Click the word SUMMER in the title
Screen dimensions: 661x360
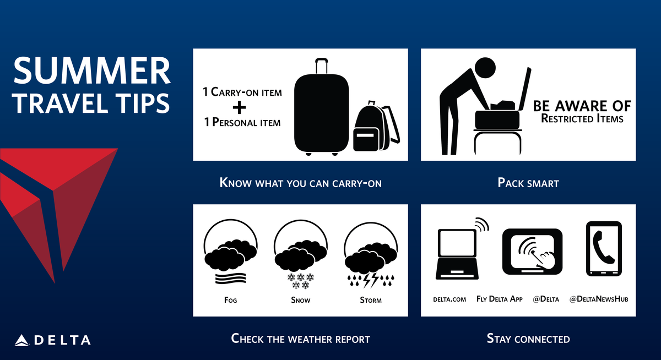pos(92,70)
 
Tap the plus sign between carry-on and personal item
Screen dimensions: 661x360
pos(239,107)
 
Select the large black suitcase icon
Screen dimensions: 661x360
pos(321,107)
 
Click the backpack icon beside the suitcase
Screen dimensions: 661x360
pos(377,126)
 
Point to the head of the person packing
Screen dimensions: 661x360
pos(485,68)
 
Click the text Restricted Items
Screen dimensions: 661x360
pos(582,118)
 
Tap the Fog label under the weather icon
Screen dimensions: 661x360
pos(230,300)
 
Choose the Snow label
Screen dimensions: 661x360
pos(300,300)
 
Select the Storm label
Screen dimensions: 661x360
pos(371,300)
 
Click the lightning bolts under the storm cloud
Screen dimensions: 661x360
pos(371,280)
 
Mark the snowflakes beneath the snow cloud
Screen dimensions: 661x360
pos(301,281)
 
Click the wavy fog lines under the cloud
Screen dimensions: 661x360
pos(230,279)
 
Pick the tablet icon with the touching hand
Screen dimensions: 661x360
pos(532,252)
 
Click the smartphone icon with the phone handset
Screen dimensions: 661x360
pos(604,249)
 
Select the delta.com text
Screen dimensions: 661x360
pos(449,299)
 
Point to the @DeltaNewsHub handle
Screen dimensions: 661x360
pos(599,299)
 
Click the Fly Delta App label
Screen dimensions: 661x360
pos(499,299)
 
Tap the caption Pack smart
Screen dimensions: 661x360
pos(528,183)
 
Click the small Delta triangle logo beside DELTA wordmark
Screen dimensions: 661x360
pos(21,340)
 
